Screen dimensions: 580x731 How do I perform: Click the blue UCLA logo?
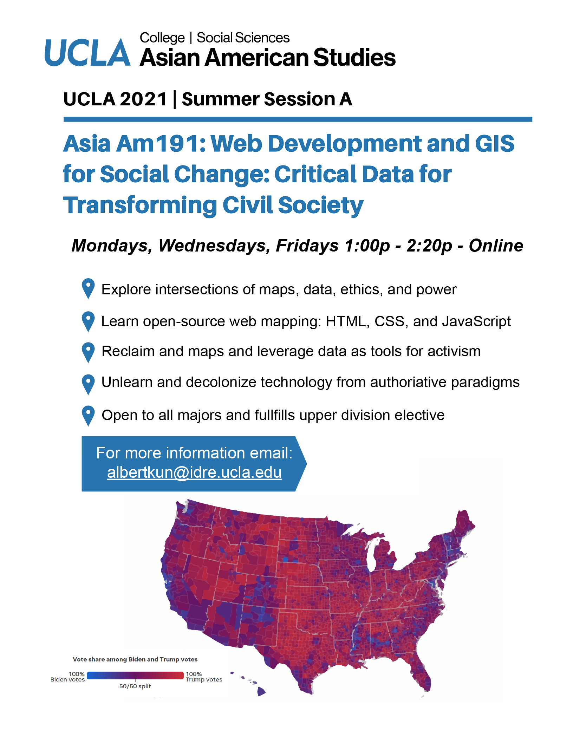(87, 52)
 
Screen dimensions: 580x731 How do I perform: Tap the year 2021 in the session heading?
(143, 99)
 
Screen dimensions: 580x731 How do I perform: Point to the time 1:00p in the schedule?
(367, 245)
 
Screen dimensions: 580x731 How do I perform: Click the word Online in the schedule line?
(496, 245)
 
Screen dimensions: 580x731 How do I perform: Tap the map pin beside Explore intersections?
(88, 289)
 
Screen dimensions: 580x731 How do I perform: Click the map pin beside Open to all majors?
(88, 416)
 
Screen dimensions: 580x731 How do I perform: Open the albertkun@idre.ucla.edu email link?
(194, 472)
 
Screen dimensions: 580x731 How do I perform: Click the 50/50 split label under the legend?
(135, 686)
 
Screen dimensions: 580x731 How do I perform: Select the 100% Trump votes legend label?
(204, 677)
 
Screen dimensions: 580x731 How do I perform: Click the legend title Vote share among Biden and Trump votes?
(135, 659)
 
